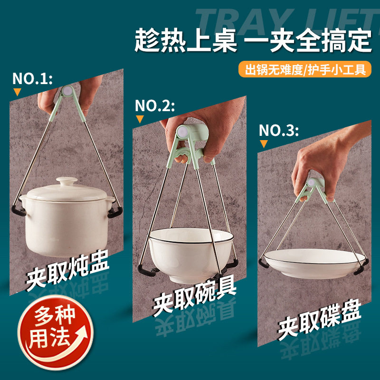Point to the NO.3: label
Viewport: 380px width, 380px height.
coord(279,130)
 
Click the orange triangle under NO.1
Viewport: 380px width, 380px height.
coord(18,92)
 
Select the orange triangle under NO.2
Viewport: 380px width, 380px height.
coord(140,120)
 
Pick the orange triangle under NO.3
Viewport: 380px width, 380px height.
coord(264,144)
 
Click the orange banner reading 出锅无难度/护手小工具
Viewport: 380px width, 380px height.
coord(305,69)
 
